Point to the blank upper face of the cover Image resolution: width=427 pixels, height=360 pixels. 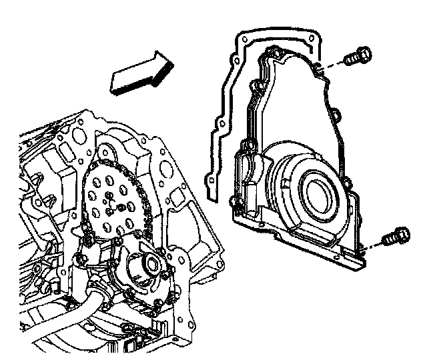coord(294,107)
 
